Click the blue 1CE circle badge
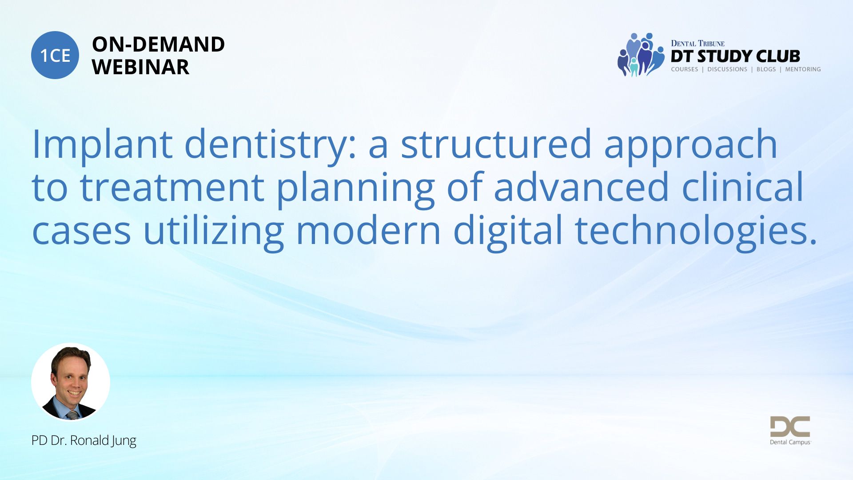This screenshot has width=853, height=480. tap(55, 55)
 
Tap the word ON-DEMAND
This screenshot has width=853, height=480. tap(158, 44)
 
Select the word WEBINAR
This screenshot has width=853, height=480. tap(140, 67)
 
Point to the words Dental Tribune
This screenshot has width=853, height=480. tap(698, 43)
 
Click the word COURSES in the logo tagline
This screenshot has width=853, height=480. tap(684, 69)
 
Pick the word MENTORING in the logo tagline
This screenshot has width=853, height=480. tap(803, 69)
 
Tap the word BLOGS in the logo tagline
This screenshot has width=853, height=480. tap(766, 69)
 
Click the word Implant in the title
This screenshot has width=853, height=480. tap(102, 144)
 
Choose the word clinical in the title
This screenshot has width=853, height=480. tap(742, 186)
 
